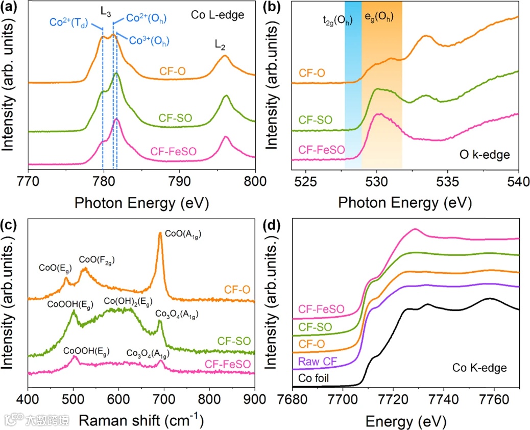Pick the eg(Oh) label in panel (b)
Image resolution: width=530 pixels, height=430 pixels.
[x=379, y=17]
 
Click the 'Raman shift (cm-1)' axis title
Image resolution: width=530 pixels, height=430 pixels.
[x=139, y=420]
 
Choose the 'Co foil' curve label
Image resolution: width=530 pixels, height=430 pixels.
[x=311, y=379]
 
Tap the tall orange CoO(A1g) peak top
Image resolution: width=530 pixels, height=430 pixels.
[x=160, y=234]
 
